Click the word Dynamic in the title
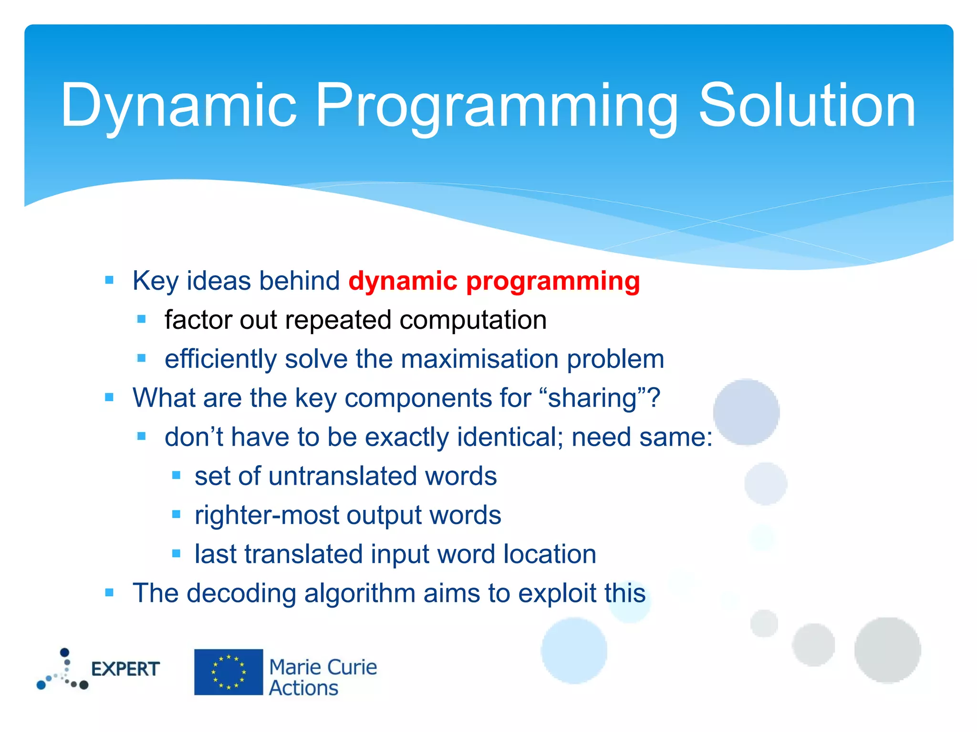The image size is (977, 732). (179, 106)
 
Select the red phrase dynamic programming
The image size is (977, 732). (494, 281)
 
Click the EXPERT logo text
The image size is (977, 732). (125, 669)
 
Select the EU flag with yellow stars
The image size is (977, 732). (229, 672)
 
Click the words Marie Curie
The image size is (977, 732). (323, 667)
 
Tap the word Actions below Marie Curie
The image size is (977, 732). (303, 688)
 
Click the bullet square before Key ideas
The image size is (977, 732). (109, 280)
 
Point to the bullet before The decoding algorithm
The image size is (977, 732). (109, 593)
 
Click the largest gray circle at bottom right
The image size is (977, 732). (887, 650)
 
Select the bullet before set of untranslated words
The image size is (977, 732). (176, 476)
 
